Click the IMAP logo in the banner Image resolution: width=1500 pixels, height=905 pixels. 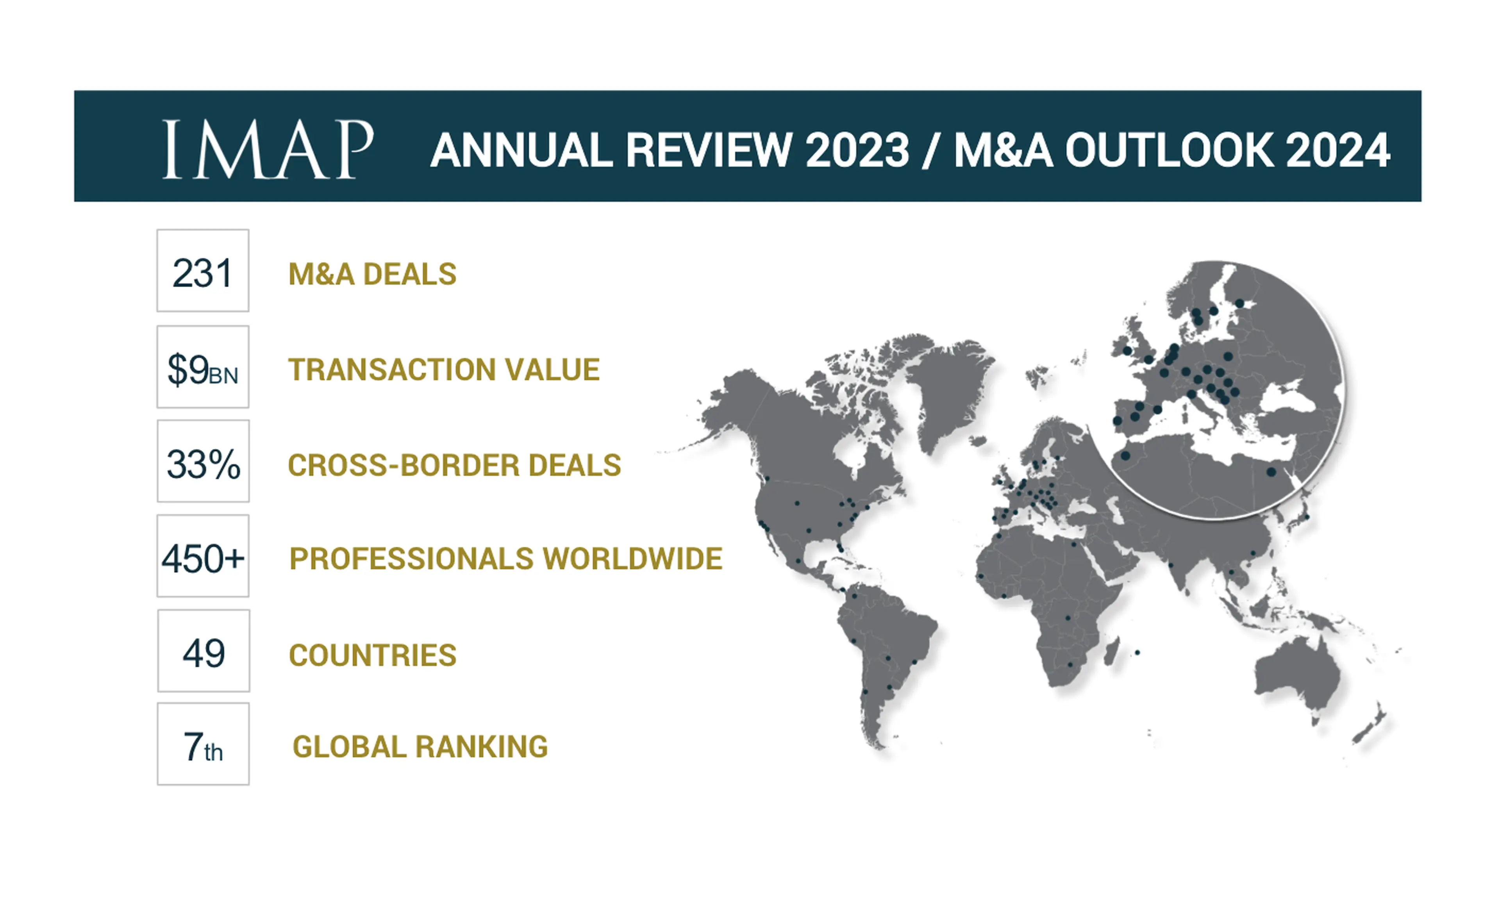pyautogui.click(x=268, y=149)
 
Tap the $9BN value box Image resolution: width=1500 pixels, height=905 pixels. pyautogui.click(x=203, y=367)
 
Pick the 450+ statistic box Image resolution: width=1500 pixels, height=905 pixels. pyautogui.click(x=203, y=556)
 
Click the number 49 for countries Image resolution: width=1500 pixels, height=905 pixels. pyautogui.click(x=204, y=653)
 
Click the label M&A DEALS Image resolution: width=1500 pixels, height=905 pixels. pyautogui.click(x=372, y=274)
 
